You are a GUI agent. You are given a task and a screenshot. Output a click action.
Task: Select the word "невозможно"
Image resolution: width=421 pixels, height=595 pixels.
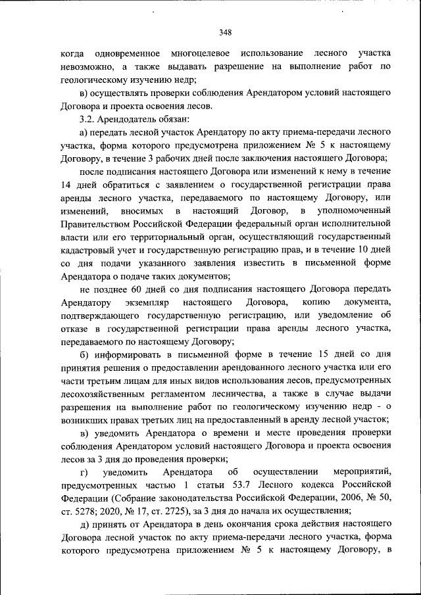point(85,66)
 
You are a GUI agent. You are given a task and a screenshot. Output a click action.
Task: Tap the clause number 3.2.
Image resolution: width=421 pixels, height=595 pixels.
point(87,118)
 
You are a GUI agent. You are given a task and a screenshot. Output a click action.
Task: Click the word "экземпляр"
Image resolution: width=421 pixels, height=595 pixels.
point(150,303)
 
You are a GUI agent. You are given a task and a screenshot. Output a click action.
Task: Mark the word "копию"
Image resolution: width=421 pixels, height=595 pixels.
point(316,303)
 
